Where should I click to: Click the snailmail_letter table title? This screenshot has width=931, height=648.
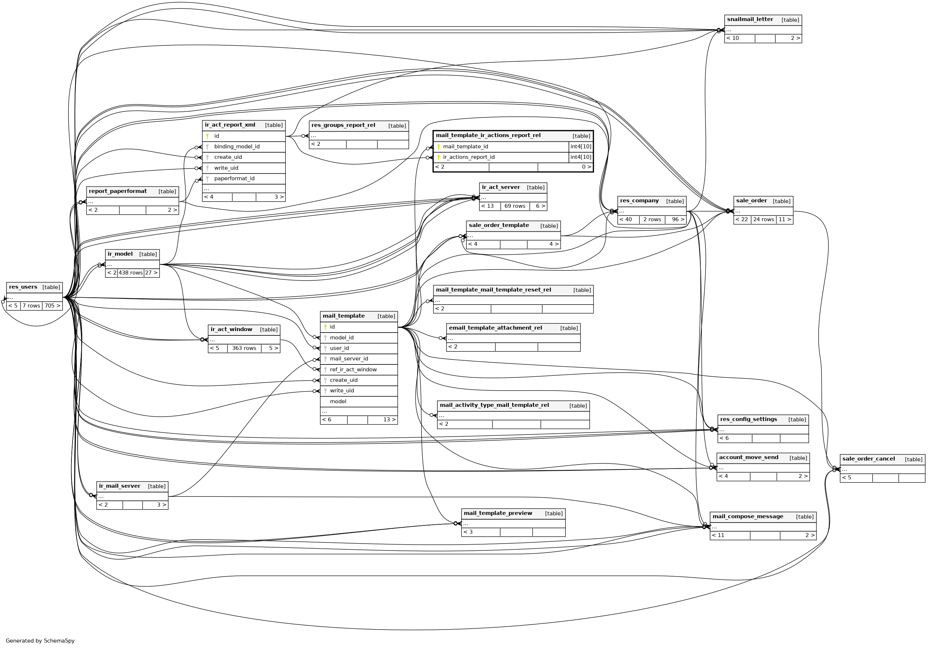pos(750,20)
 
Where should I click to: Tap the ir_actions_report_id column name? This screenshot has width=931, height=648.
pos(469,157)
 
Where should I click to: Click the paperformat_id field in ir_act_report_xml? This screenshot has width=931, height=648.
pos(234,179)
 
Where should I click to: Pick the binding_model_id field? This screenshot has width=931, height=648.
pos(237,147)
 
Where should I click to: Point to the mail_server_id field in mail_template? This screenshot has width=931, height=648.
pos(349,359)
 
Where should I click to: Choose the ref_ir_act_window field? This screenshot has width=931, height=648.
pos(353,370)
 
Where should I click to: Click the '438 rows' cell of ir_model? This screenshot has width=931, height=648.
pos(131,273)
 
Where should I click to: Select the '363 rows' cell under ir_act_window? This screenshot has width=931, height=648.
pos(244,348)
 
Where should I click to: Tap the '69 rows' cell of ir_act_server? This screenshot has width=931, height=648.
pos(515,206)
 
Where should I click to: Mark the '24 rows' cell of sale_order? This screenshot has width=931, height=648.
pos(763,220)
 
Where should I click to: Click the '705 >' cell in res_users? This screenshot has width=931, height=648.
pos(52,306)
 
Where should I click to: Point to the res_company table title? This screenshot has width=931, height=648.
pos(639,201)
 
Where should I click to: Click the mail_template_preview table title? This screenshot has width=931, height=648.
pos(498,513)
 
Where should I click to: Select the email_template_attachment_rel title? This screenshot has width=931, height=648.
pos(495,328)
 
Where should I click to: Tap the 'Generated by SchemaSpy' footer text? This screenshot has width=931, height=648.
pos(40,641)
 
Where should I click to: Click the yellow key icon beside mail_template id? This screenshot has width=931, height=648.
pos(325,327)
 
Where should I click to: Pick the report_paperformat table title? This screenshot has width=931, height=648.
pos(118,191)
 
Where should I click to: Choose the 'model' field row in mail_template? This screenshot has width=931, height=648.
pos(338,402)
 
